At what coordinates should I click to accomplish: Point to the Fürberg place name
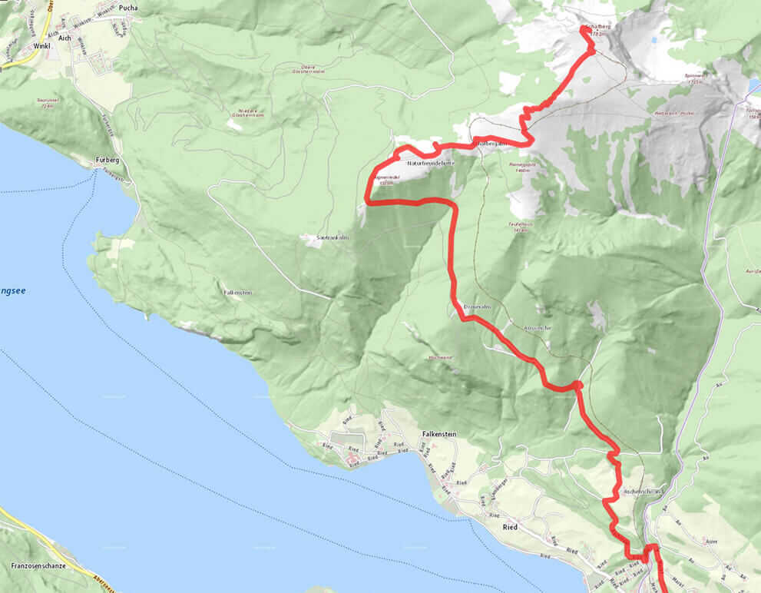pyautogui.click(x=108, y=160)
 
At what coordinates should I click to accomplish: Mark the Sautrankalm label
pyautogui.click(x=333, y=238)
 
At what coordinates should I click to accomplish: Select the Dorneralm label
pyautogui.click(x=477, y=307)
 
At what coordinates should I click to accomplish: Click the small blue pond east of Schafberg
pyautogui.click(x=653, y=39)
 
